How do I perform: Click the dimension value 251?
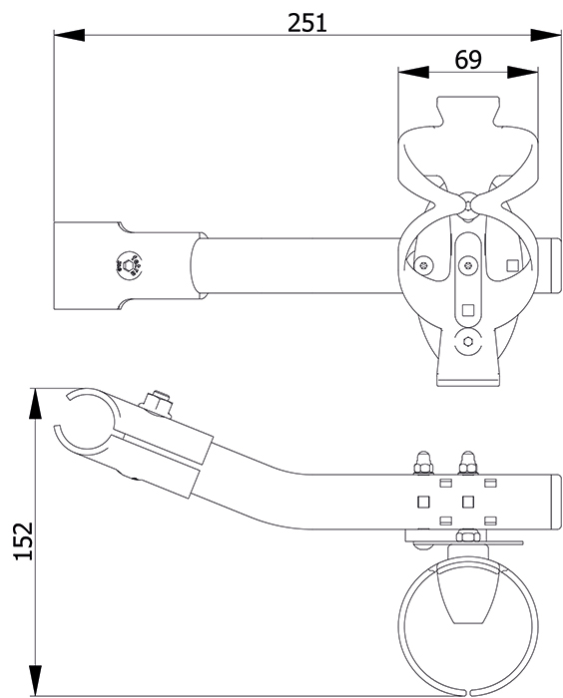pyautogui.click(x=306, y=23)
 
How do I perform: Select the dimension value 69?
pyautogui.click(x=468, y=59)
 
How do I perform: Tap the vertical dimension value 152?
pyautogui.click(x=24, y=540)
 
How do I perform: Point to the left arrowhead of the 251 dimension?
pyautogui.click(x=69, y=35)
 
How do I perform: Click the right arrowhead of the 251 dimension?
pyautogui.click(x=546, y=35)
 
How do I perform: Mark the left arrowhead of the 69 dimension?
pyautogui.click(x=413, y=72)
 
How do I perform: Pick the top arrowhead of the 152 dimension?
pyautogui.click(x=35, y=403)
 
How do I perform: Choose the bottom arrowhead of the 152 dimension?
pyautogui.click(x=35, y=681)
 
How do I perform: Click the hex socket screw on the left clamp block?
pyautogui.click(x=128, y=266)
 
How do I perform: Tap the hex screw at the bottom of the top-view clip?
pyautogui.click(x=467, y=342)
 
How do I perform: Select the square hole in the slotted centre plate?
pyautogui.click(x=467, y=310)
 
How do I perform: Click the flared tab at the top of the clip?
pyautogui.click(x=467, y=112)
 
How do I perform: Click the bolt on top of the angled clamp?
pyautogui.click(x=157, y=403)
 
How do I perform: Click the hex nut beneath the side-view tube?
pyautogui.click(x=467, y=535)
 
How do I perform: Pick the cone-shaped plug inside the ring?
pyautogui.click(x=467, y=593)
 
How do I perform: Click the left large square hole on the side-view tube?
pyautogui.click(x=423, y=503)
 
